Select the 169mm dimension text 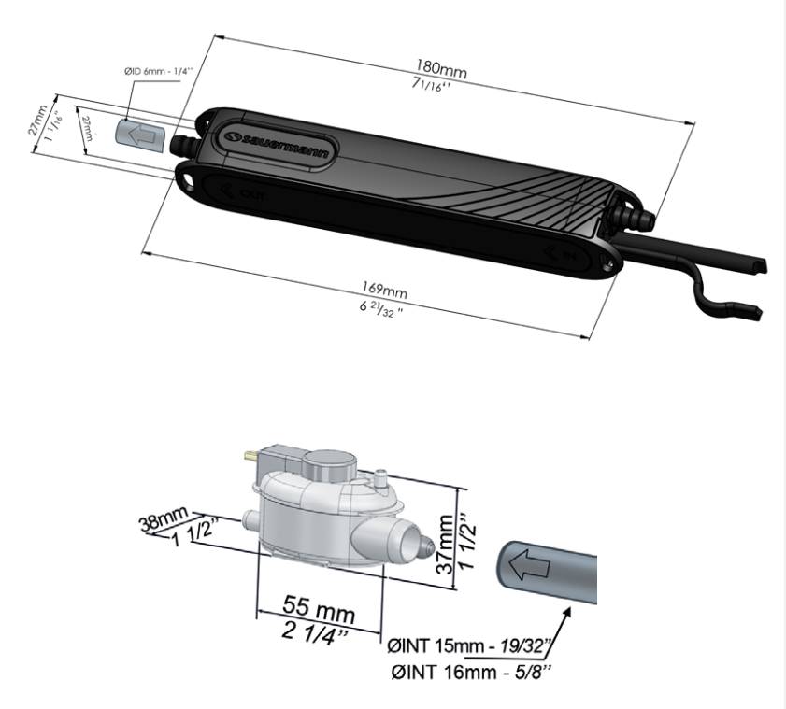click(386, 291)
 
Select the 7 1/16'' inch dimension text click(436, 88)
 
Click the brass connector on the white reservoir click(250, 455)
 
